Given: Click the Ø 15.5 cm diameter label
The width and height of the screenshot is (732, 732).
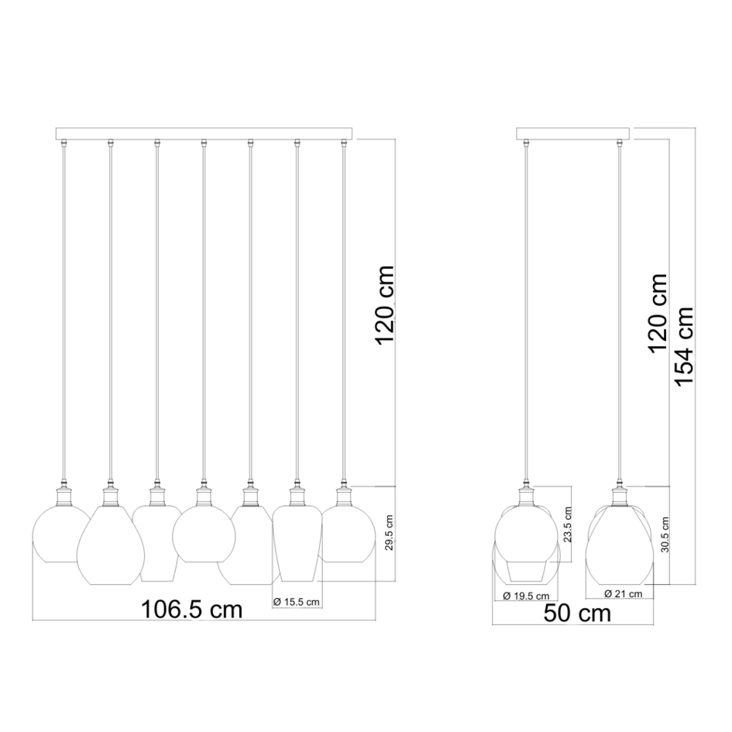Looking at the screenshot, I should point(296,601).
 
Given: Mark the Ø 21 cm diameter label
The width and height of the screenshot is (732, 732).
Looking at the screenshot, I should point(624,594).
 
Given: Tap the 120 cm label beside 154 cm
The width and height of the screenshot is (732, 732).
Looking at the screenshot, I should point(658,312).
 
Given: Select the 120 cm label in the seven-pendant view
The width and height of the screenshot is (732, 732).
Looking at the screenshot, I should point(383,306).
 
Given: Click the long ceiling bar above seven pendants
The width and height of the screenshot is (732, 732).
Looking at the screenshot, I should point(203,133).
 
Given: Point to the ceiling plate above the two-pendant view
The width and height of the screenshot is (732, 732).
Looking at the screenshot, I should point(572,133).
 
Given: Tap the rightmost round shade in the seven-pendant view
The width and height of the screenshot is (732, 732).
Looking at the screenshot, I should point(346,533).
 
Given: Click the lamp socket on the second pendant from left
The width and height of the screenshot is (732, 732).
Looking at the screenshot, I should point(110,493).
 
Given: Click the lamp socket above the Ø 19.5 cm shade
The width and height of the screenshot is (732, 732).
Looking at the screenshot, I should point(526,493).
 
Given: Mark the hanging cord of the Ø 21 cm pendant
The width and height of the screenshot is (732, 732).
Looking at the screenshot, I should point(619,310).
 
